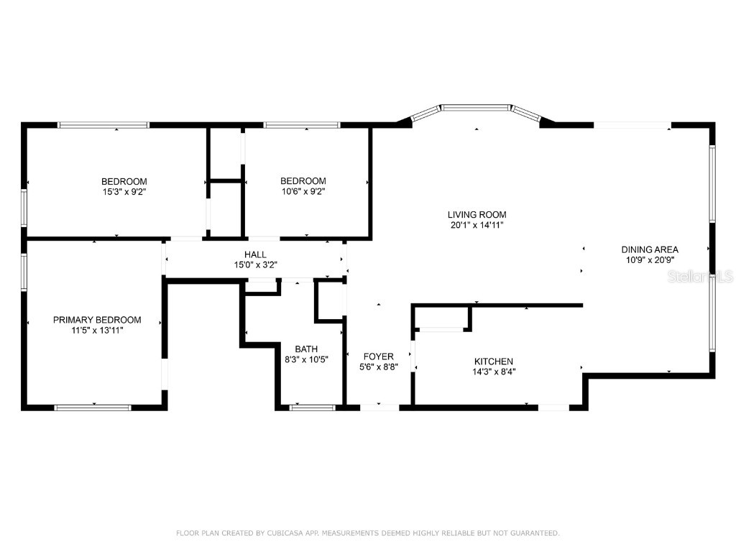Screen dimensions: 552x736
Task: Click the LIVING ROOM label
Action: click(x=477, y=214)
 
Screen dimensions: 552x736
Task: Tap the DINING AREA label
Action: click(x=650, y=249)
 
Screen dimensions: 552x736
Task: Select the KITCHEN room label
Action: click(x=493, y=362)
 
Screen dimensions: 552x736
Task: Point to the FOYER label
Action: click(x=378, y=356)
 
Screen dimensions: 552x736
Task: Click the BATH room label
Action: click(x=306, y=349)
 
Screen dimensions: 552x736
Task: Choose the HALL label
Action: click(x=255, y=254)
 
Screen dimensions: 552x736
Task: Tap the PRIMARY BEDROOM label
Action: click(x=97, y=320)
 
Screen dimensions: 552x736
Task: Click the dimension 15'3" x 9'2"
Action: click(x=124, y=192)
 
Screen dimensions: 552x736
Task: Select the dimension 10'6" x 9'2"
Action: click(x=303, y=192)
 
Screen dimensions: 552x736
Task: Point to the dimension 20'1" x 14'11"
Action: click(x=477, y=225)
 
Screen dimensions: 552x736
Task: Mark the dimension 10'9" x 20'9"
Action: click(x=650, y=260)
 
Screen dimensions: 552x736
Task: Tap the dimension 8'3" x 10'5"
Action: click(x=306, y=360)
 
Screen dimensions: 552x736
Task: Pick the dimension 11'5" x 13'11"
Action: click(x=97, y=331)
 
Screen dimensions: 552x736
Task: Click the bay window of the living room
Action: click(x=476, y=109)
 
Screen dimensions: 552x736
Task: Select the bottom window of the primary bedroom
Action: click(x=93, y=408)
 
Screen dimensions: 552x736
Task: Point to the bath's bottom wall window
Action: click(x=312, y=408)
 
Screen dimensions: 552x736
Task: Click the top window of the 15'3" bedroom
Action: click(x=103, y=125)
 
